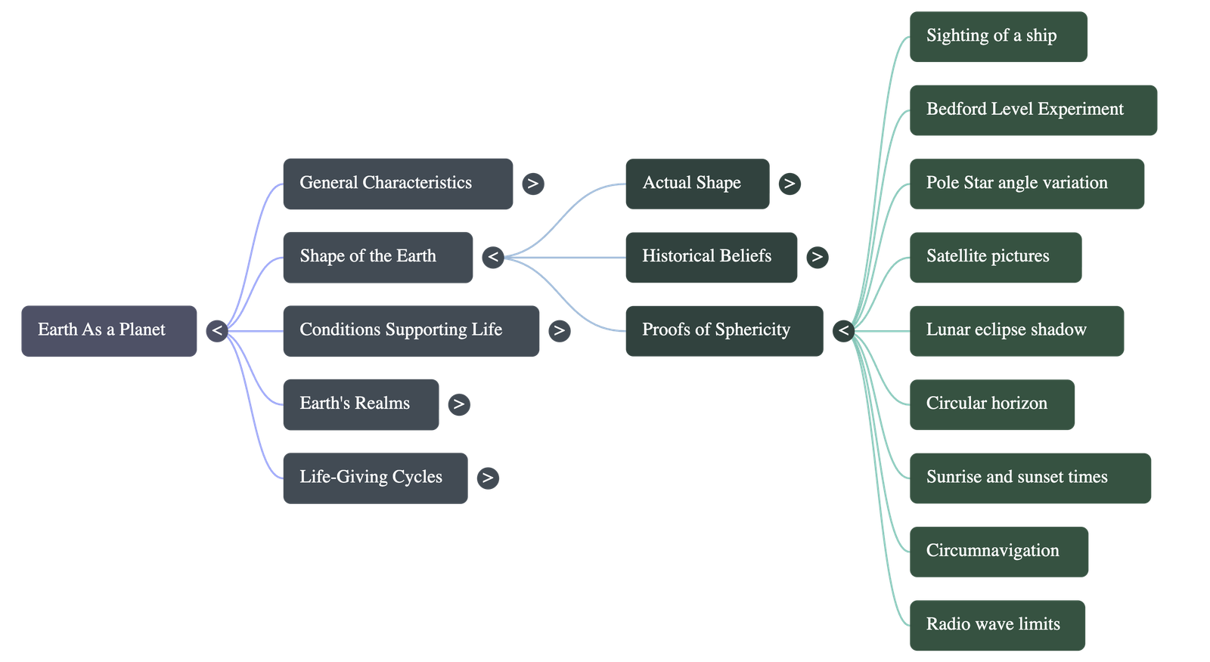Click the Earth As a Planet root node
109,330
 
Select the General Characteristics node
397,183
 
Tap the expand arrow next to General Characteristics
532,184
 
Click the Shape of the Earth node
377,257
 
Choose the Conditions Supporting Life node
411,330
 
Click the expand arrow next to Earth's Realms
458,404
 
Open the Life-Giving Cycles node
374,478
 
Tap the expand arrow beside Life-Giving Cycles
488,478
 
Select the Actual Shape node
697,183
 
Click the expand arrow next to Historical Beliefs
817,257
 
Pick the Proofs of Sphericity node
724,330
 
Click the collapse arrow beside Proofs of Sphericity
843,330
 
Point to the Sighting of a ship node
997,36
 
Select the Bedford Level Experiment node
1032,110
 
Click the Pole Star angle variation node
1026,183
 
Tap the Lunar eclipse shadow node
1016,330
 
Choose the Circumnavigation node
998,551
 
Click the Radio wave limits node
997,625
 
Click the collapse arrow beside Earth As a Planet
217,330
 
